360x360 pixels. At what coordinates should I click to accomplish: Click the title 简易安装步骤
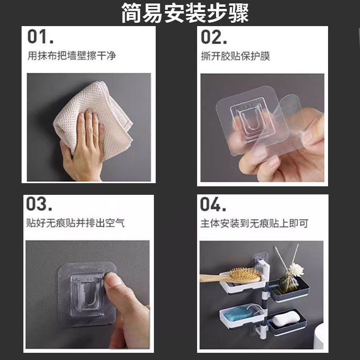pyautogui.click(x=184, y=13)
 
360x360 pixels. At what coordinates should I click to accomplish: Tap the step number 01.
pyautogui.click(x=40, y=37)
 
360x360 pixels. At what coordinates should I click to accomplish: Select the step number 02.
pyautogui.click(x=215, y=37)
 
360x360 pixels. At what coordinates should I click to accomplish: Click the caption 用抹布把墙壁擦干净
pyautogui.click(x=72, y=57)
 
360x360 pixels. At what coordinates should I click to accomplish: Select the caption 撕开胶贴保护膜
pyautogui.click(x=235, y=57)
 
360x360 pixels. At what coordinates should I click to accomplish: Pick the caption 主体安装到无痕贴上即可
pyautogui.click(x=254, y=223)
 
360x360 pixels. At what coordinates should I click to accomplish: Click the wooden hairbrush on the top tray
pyautogui.click(x=238, y=275)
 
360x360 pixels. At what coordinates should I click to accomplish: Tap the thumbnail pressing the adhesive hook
pyautogui.click(x=113, y=281)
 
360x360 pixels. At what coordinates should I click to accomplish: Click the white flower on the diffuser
pyautogui.click(x=296, y=270)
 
